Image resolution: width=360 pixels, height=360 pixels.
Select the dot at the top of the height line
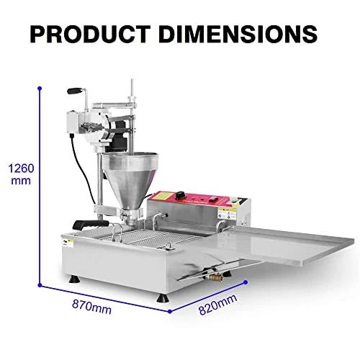(39, 88)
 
